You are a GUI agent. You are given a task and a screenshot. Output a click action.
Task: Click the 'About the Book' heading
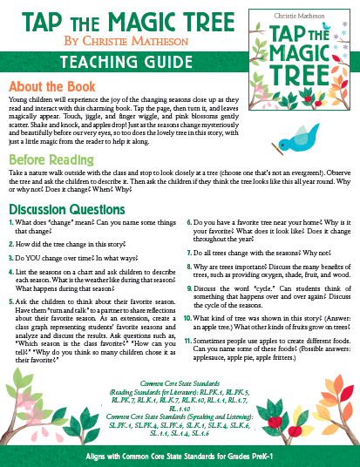pos(51,88)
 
